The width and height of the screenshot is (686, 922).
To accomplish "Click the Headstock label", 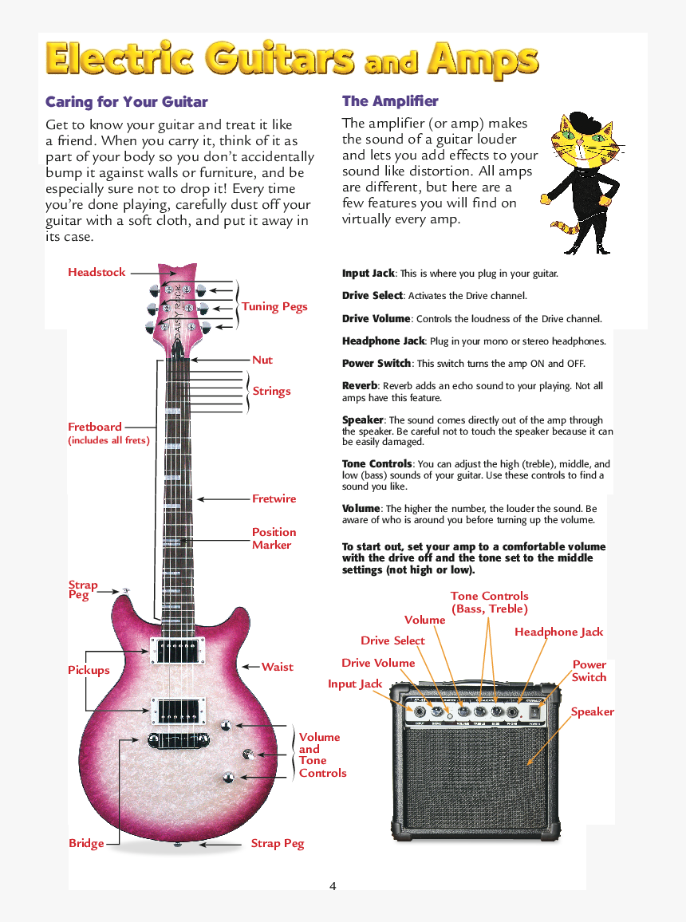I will (x=97, y=273).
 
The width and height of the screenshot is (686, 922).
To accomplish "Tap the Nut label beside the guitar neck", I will (x=262, y=361).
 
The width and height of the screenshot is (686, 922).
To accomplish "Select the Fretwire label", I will (x=274, y=499).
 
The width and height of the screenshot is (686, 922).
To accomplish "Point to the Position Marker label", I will (x=274, y=538).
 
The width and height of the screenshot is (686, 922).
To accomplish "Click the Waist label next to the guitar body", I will (x=277, y=667).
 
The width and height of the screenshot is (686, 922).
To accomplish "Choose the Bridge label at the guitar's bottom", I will (x=86, y=844).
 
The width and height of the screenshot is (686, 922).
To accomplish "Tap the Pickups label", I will (x=89, y=671).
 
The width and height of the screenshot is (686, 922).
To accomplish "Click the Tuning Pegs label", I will (x=274, y=307).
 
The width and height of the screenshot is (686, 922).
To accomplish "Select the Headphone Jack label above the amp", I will (x=558, y=632).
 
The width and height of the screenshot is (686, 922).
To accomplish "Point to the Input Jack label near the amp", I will (x=355, y=684).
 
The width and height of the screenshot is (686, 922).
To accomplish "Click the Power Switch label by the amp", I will (x=589, y=671).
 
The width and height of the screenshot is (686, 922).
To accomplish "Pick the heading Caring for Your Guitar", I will (x=126, y=102).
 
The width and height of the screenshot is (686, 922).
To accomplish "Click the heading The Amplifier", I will (x=390, y=101).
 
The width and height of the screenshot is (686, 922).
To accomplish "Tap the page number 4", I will (x=333, y=886).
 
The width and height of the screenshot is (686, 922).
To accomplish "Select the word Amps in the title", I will (x=482, y=60).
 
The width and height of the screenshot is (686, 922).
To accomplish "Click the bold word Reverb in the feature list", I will (x=360, y=386).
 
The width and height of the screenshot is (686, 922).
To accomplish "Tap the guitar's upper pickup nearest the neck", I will (x=176, y=650).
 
